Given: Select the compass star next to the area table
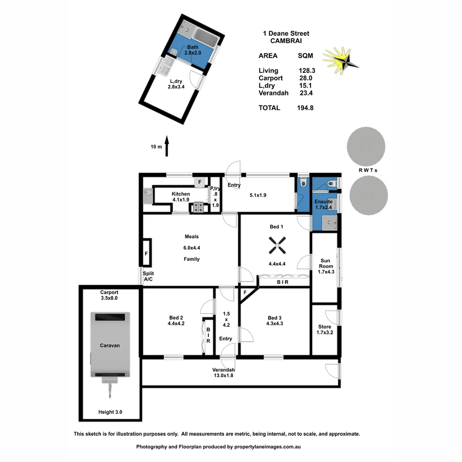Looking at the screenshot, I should click(341, 59).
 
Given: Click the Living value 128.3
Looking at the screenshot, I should click(306, 71).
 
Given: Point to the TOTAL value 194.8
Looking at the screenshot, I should click(305, 108).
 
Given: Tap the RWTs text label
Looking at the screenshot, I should click(368, 170).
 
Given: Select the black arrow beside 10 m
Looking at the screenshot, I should click(167, 147).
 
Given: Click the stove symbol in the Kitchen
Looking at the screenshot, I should click(198, 208).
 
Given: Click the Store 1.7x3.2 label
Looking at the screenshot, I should click(324, 329).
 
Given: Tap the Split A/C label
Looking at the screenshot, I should click(148, 276).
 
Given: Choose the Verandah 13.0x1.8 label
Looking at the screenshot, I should click(224, 373).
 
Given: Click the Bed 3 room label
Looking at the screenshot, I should click(275, 320).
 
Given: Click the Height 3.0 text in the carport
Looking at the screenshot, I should click(110, 412).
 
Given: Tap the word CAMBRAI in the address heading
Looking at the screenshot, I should click(286, 41).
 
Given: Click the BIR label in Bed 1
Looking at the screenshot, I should click(282, 282).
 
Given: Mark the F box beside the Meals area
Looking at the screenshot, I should click(146, 253).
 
